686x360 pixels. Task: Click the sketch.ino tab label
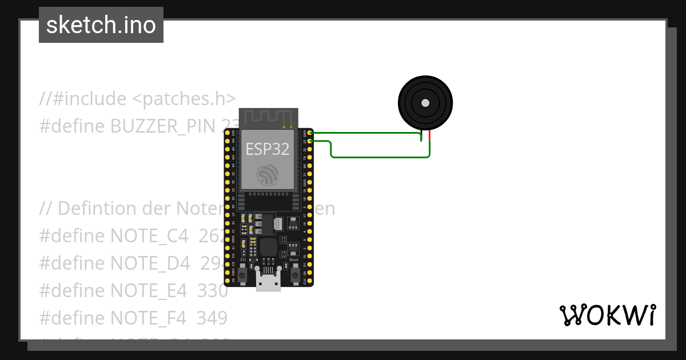[101, 25]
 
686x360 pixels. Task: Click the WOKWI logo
[608, 315]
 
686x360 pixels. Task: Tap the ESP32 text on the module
[268, 149]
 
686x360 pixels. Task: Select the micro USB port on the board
[268, 283]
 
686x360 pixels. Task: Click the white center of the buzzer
[425, 103]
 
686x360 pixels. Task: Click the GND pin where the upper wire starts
[309, 133]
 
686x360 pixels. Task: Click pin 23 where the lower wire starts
[309, 141]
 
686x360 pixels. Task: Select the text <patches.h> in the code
[184, 99]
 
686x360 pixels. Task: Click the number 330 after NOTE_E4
[213, 290]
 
